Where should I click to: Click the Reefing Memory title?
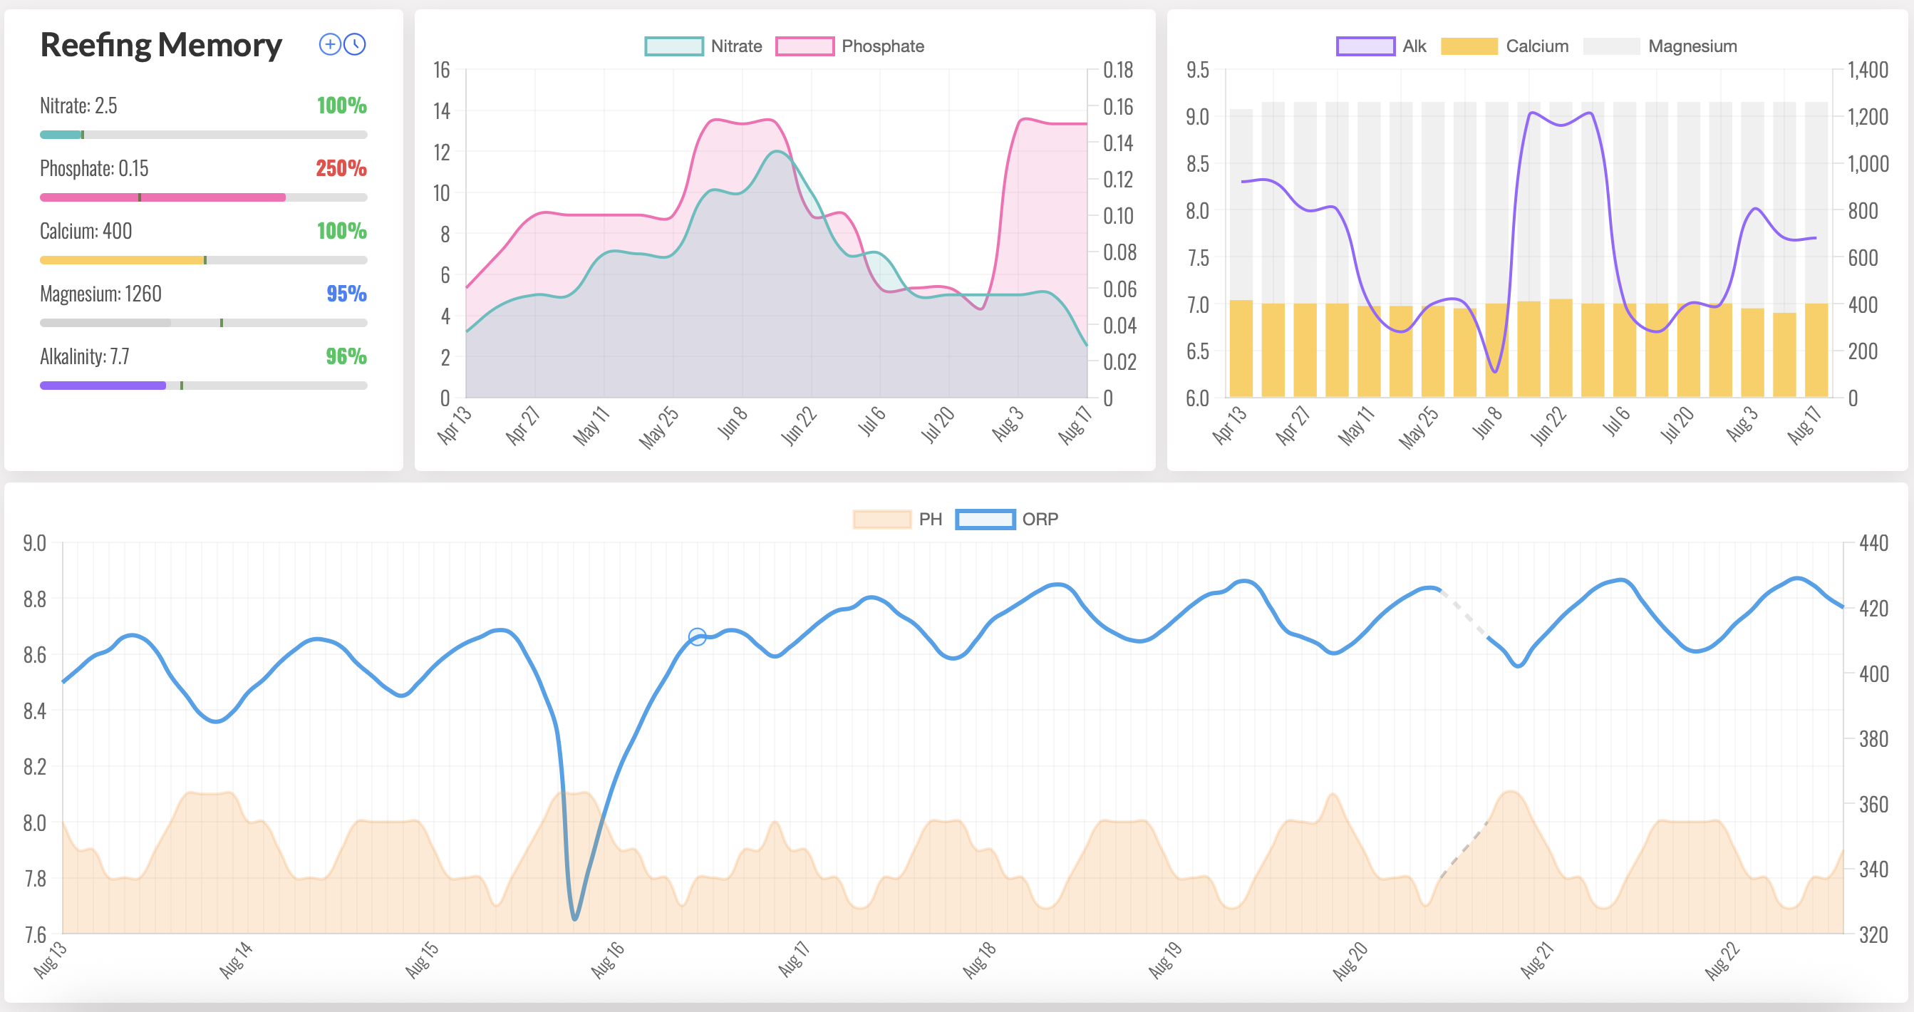[160, 46]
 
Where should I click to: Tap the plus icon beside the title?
[329, 45]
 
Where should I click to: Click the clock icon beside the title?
[355, 45]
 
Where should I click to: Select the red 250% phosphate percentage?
[341, 169]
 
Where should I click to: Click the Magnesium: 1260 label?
[100, 294]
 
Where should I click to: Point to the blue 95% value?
[346, 294]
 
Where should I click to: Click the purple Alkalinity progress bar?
[103, 386]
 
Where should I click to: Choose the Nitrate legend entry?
[703, 46]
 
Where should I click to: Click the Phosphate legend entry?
[850, 46]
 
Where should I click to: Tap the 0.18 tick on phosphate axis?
[1117, 71]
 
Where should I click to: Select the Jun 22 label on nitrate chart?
[799, 426]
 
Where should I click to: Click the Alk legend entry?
[1381, 46]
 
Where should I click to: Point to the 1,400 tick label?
[1867, 71]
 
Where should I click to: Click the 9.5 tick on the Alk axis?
[1197, 71]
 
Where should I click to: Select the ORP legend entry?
[1007, 520]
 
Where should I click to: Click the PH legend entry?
[898, 520]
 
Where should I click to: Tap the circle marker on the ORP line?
[697, 636]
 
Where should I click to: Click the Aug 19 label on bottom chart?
[1164, 960]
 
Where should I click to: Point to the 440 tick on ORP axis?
[1873, 543]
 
